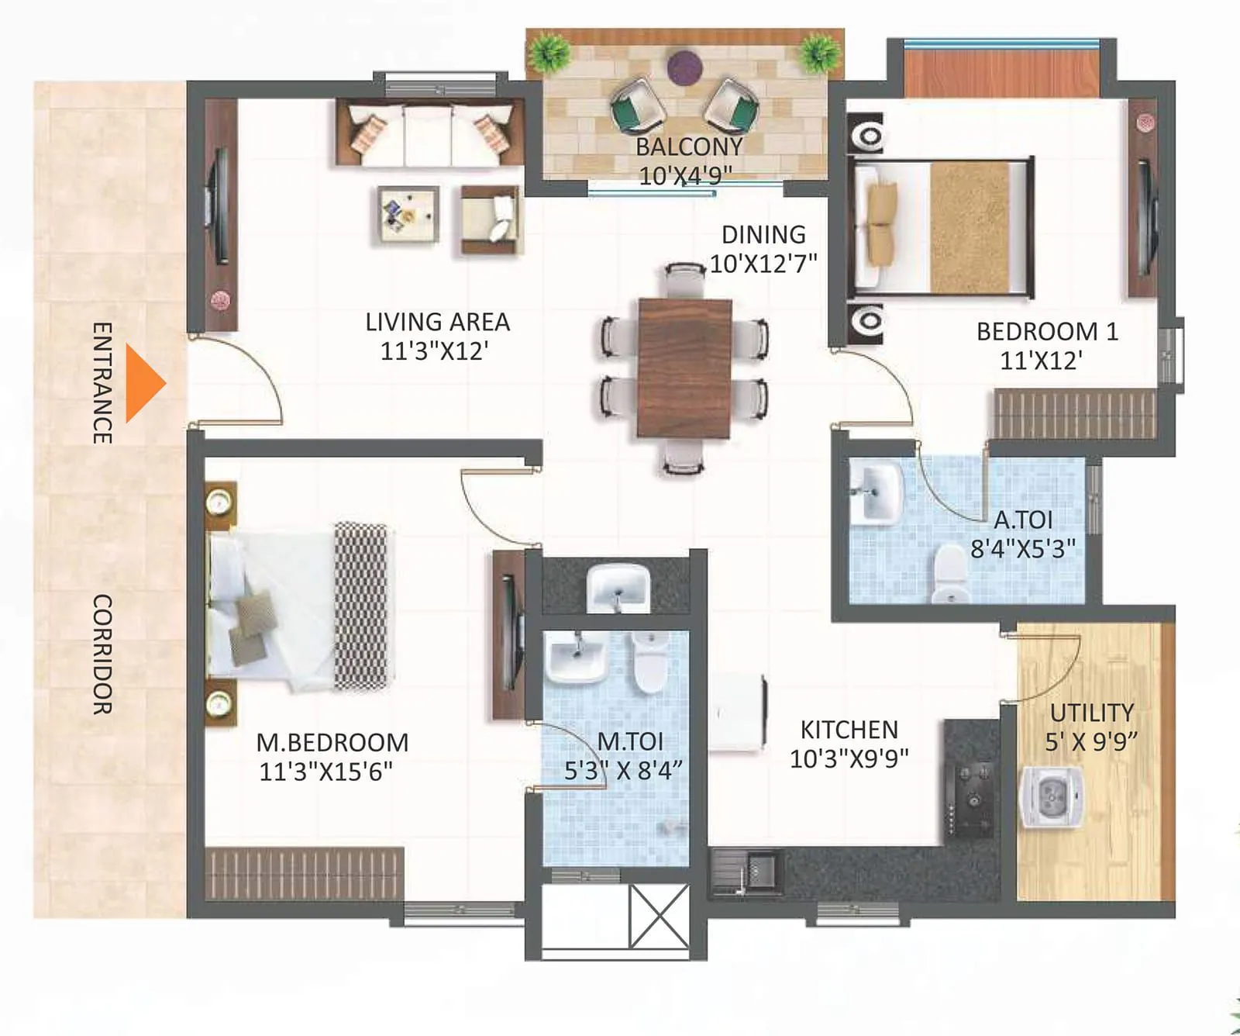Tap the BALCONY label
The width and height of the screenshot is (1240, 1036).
[688, 147]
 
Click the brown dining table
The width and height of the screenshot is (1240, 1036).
[685, 367]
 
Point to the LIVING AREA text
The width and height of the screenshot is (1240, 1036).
[437, 322]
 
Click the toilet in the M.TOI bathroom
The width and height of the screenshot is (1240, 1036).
[649, 662]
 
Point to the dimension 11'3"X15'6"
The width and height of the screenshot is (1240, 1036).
[325, 772]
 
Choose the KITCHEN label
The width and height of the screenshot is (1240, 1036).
[849, 730]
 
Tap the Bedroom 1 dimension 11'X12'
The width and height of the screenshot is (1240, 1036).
[1041, 361]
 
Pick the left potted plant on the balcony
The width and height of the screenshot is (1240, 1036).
[550, 53]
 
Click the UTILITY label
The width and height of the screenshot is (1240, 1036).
[1091, 713]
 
